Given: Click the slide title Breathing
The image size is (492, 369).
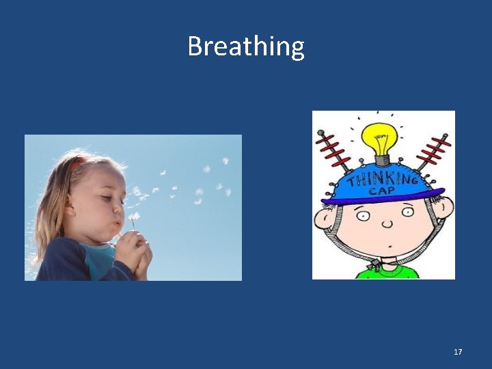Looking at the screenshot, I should click(x=246, y=46).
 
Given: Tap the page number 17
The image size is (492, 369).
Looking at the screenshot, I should click(x=458, y=352).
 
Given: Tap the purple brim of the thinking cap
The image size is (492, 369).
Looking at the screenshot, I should click(x=383, y=200).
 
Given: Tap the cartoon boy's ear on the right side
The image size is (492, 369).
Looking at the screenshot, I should click(x=446, y=207).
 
